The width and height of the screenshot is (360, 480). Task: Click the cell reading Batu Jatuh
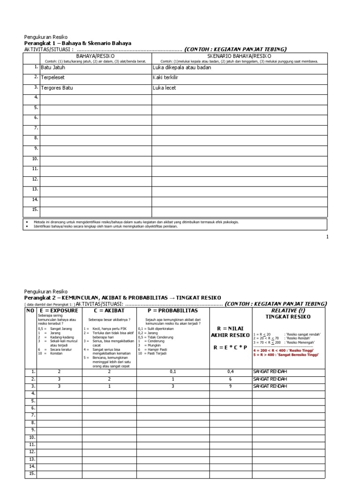(53, 67)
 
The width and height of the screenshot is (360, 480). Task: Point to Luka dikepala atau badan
(182, 67)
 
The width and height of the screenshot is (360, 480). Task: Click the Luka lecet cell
(165, 88)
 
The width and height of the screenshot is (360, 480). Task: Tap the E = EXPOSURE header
(59, 310)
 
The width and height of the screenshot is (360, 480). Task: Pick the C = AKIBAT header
(109, 310)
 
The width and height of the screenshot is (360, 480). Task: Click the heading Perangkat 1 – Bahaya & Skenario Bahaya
(77, 43)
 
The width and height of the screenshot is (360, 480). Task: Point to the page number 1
(328, 237)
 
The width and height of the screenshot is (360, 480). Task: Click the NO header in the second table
(30, 310)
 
